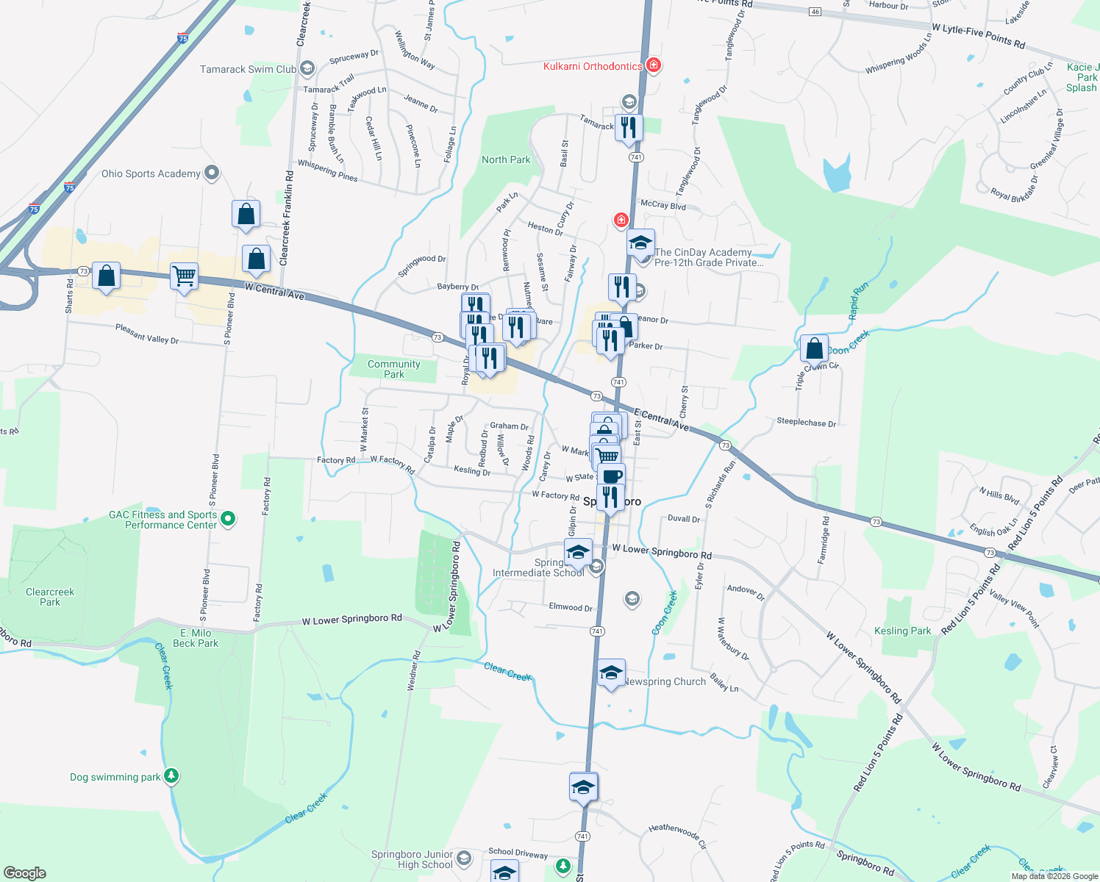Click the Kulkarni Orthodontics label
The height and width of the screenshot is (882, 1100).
click(x=593, y=66)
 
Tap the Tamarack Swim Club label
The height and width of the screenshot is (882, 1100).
click(x=248, y=69)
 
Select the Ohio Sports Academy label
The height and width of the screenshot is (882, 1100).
click(x=151, y=173)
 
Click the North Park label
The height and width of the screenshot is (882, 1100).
click(x=506, y=159)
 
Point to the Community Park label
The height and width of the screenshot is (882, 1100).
click(x=394, y=369)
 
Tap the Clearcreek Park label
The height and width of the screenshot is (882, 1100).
click(x=50, y=597)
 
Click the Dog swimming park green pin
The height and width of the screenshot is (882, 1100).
click(x=171, y=775)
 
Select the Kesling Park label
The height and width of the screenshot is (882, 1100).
click(x=902, y=631)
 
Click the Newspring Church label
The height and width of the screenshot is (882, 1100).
click(x=665, y=681)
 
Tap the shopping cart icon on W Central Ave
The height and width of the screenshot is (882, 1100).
click(x=184, y=277)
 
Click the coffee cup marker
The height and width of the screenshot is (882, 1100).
click(x=611, y=476)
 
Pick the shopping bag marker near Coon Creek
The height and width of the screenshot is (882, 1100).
click(x=814, y=348)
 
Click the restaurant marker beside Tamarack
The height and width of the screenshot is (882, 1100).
click(x=629, y=128)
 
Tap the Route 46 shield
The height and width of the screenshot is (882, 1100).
click(x=814, y=12)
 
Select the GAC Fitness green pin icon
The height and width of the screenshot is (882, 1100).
click(x=228, y=519)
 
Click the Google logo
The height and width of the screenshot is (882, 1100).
click(x=25, y=872)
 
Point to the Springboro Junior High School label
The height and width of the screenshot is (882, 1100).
click(x=412, y=859)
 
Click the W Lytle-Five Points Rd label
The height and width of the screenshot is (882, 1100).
click(x=978, y=36)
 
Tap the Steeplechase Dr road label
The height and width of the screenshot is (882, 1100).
click(x=806, y=423)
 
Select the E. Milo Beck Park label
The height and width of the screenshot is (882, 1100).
click(x=196, y=638)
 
